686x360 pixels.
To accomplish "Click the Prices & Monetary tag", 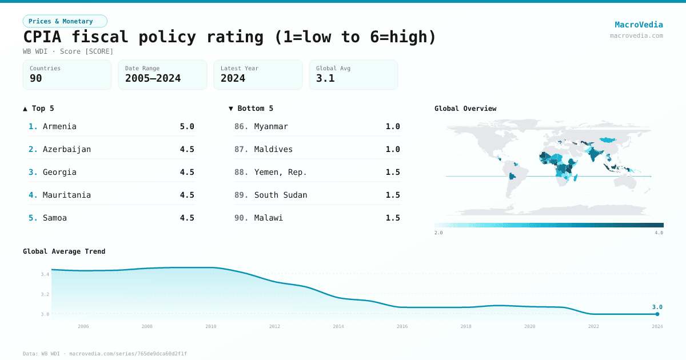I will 65,21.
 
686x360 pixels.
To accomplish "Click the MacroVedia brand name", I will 639,25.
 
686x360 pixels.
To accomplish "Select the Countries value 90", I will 36,78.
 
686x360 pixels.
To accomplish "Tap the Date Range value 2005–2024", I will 153,78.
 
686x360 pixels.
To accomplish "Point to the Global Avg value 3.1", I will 325,78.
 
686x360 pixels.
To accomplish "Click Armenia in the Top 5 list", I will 59,126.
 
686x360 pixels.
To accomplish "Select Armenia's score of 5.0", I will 187,126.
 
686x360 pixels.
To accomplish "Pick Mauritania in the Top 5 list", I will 66,195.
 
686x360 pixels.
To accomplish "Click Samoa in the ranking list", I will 54,218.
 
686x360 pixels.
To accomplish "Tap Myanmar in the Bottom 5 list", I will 271,126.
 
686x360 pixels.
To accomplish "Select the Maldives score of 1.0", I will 393,149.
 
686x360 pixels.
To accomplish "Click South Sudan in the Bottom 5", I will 281,195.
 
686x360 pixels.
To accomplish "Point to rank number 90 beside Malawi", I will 241,218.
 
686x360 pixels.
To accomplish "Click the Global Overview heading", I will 465,109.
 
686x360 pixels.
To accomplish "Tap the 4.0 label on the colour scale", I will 659,233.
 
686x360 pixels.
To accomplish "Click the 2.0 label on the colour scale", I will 438,233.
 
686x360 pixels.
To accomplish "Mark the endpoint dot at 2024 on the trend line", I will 657,314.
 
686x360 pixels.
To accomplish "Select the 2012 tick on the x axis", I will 274,326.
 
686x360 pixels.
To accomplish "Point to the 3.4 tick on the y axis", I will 45,274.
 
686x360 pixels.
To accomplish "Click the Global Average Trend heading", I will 64,251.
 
